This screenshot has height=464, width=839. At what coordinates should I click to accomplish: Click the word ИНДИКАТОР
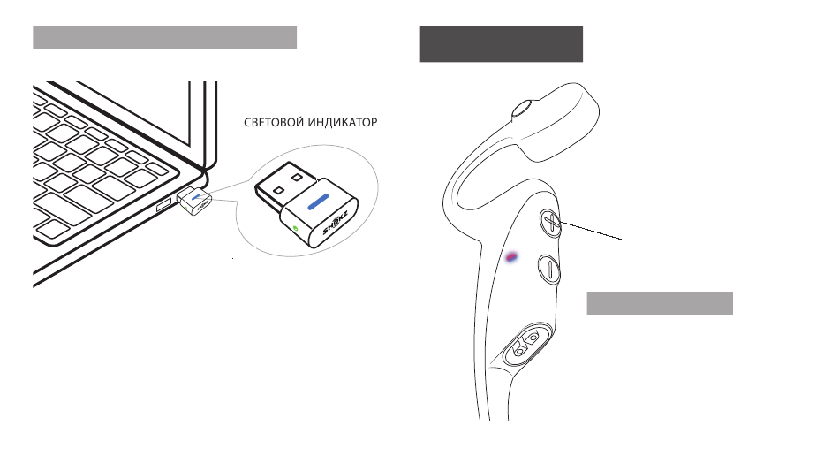coord(339,124)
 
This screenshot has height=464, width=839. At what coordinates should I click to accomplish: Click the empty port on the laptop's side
coord(164,206)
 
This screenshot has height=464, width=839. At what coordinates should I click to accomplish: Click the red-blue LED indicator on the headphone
coord(512,257)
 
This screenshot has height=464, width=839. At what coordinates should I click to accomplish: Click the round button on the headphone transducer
coord(520,110)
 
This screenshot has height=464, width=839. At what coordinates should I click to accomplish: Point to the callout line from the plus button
coord(593,231)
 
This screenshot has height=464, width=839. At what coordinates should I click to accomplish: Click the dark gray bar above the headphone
coord(501,43)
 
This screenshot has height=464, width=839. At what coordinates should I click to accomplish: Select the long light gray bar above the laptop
coord(164,36)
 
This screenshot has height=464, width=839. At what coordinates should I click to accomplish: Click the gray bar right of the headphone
coord(660,302)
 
